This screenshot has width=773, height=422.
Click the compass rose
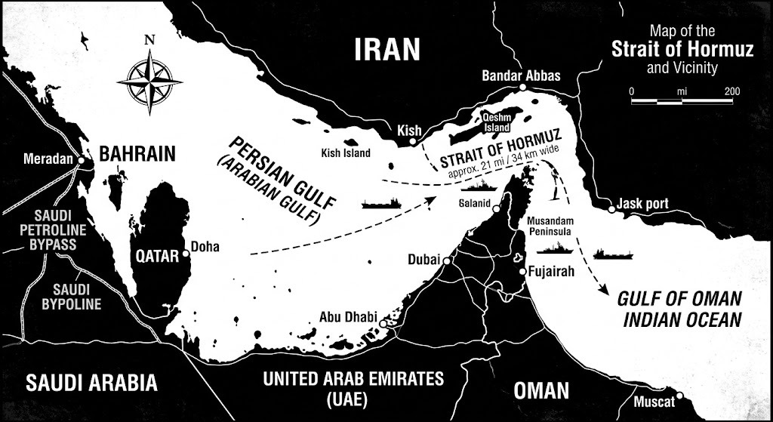coord(154,79)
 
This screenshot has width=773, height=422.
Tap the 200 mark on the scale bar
coord(731,91)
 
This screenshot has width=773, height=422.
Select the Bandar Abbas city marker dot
coord(524,89)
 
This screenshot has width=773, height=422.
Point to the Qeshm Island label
coord(498,122)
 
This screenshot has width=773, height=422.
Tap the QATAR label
coord(157,255)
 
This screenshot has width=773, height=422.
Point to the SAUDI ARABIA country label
coord(91,382)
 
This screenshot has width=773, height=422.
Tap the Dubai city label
coord(423,259)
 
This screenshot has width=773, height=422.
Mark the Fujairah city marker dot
coord(521,272)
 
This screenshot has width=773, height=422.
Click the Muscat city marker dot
coord(681,395)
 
